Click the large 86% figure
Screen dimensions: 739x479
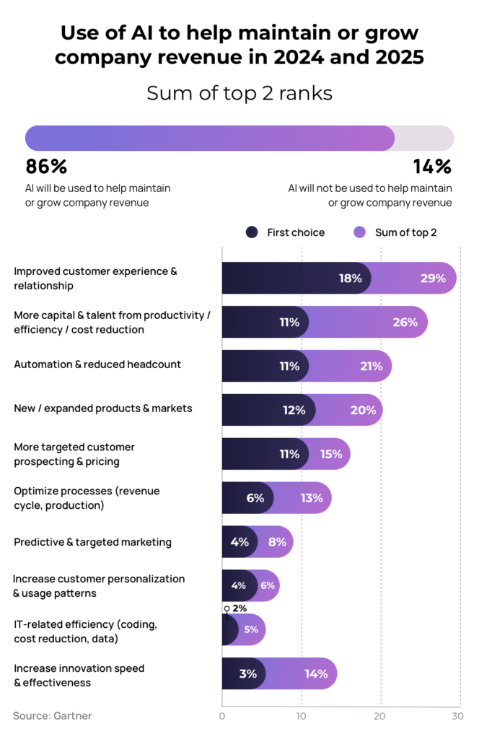[x=46, y=167]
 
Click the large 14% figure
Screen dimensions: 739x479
[x=432, y=167]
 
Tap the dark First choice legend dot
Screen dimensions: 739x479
[x=252, y=232]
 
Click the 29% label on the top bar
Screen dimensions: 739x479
[x=433, y=279]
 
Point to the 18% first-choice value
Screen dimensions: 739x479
[x=350, y=279]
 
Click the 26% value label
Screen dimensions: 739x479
[x=405, y=323]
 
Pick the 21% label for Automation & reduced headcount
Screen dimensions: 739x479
[x=371, y=366]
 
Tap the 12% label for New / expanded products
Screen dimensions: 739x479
[x=294, y=410]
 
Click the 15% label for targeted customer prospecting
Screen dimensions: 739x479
[x=330, y=454]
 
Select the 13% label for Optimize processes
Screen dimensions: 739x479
[x=312, y=498]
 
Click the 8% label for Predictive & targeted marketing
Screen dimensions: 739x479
[x=277, y=542]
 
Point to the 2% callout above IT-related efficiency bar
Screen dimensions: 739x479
[x=239, y=608]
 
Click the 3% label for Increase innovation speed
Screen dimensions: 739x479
[x=247, y=674]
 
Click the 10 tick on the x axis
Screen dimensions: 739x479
[x=302, y=716]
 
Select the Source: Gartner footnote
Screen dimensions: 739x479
[x=52, y=716]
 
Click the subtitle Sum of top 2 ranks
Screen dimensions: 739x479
[x=239, y=94]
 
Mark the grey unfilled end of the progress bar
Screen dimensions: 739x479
[x=424, y=138]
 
